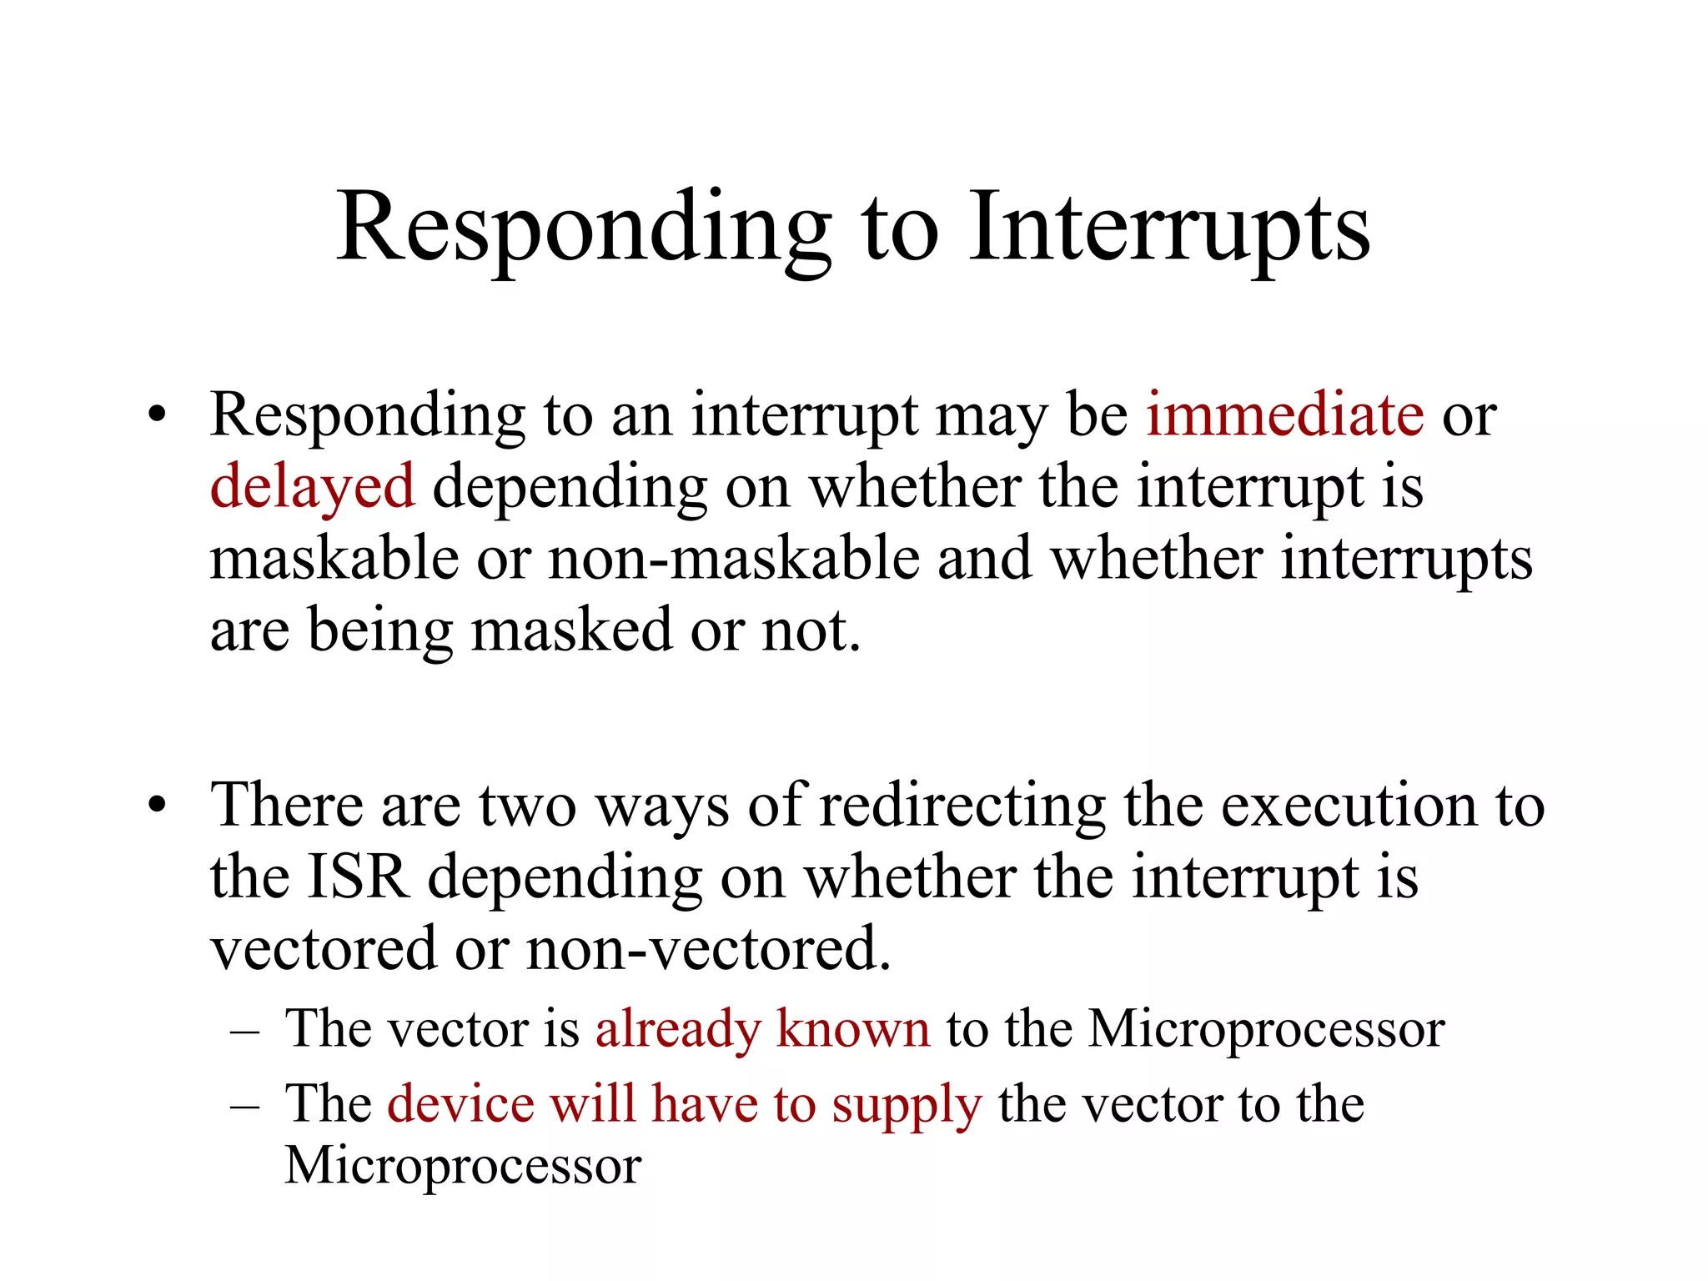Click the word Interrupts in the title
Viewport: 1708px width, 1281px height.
[x=1169, y=227]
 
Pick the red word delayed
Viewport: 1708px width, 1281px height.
[x=312, y=487]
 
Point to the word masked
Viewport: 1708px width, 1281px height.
[x=572, y=630]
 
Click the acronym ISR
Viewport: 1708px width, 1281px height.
[x=358, y=877]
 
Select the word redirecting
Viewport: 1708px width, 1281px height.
[x=962, y=807]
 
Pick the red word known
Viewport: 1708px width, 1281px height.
[x=852, y=1029]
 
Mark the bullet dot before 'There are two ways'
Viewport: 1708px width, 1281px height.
[x=157, y=806]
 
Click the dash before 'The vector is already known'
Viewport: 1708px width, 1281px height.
[x=244, y=1032]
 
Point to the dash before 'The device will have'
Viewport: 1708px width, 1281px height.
[x=244, y=1107]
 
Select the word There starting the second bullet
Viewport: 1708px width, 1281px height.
[x=287, y=806]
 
